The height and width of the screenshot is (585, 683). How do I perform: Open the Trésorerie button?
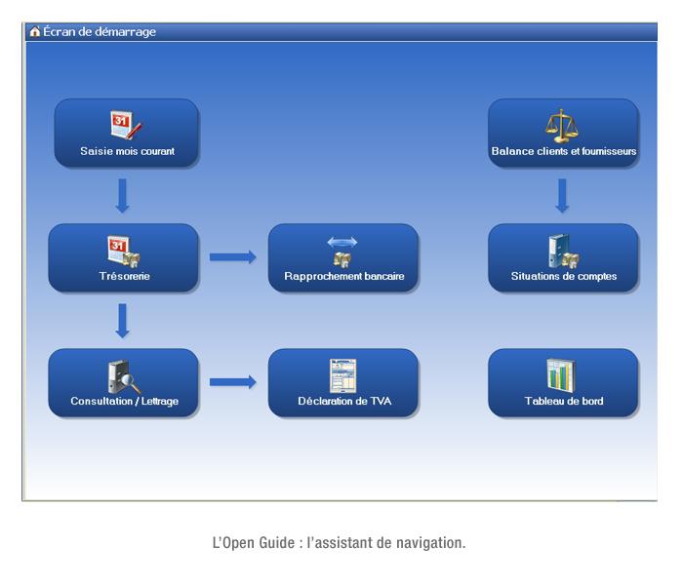pos(123,257)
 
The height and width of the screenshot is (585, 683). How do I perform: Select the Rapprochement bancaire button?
pos(342,257)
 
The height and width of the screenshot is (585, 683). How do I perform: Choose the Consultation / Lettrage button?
pos(123,382)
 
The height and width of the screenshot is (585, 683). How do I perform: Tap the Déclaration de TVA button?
pos(342,382)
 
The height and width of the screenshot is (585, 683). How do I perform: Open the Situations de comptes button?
pos(563,257)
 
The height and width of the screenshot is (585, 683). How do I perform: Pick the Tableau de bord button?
pos(563,382)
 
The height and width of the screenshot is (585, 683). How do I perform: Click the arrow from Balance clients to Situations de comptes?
pos(562,195)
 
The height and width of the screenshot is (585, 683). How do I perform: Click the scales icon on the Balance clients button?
pos(561,124)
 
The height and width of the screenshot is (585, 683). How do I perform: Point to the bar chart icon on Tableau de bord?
pos(561,374)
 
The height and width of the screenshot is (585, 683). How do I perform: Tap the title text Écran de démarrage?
pos(100,31)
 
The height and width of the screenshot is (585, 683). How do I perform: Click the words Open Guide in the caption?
pos(252,542)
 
